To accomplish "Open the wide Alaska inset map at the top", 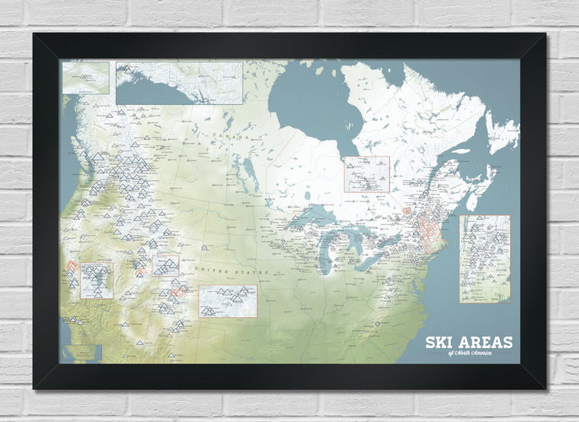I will point(179,82).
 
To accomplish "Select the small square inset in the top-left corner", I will point(87,78).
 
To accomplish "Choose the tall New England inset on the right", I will point(485,259).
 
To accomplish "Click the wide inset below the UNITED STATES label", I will point(227,301).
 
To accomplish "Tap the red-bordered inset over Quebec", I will point(366,173).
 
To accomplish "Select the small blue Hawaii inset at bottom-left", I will point(82,353).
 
